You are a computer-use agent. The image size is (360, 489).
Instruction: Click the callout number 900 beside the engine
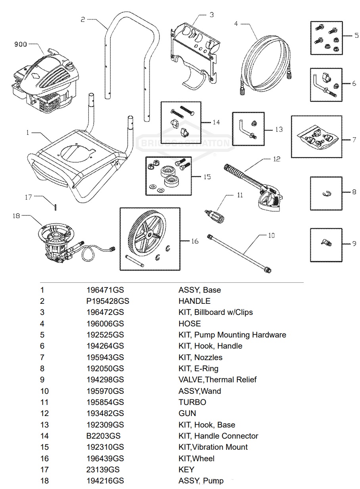(x=21, y=44)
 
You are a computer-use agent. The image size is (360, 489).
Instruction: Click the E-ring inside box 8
(x=326, y=194)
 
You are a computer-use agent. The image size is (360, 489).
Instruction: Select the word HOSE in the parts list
(x=190, y=324)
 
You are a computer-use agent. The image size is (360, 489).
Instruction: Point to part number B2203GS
(x=103, y=436)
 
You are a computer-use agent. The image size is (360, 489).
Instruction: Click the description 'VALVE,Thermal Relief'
(x=217, y=380)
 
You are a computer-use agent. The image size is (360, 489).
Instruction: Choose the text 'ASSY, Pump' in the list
(x=201, y=481)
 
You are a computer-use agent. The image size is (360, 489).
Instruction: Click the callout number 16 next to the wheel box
(x=194, y=241)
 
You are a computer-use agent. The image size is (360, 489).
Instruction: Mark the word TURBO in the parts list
(x=192, y=402)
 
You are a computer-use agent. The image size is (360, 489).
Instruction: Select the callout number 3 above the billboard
(x=211, y=15)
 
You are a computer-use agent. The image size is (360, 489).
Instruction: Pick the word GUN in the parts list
(x=187, y=413)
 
